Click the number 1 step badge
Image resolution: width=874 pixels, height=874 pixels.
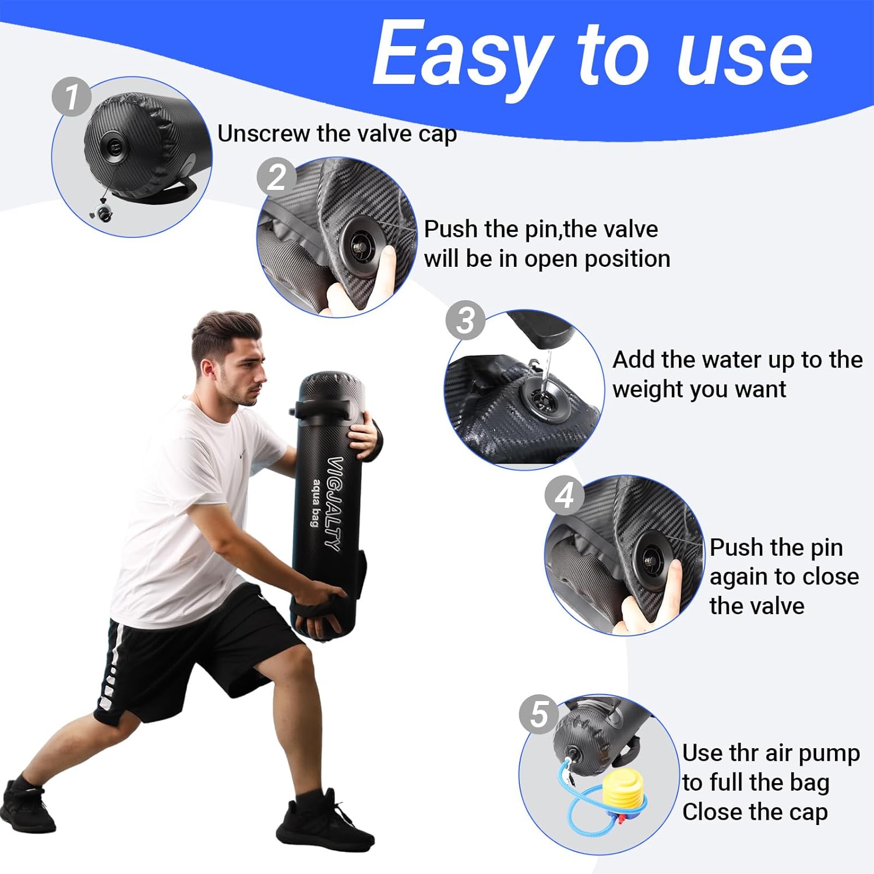(72, 96)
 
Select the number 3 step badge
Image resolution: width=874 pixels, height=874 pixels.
(466, 320)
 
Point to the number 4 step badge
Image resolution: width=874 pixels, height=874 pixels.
(564, 496)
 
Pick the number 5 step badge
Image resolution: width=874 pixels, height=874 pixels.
(539, 714)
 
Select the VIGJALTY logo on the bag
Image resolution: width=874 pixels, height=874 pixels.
(335, 504)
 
